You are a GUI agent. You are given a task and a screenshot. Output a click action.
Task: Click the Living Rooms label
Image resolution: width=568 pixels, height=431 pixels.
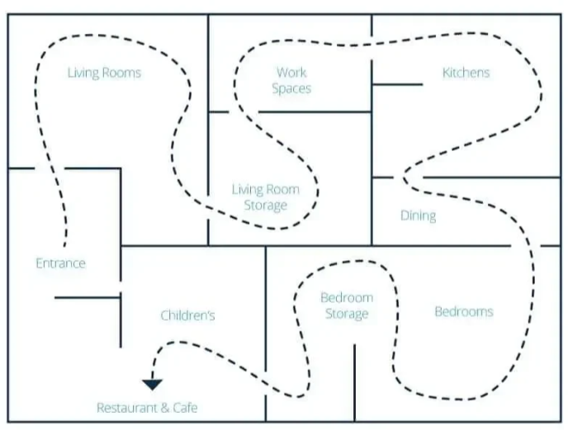click(x=104, y=73)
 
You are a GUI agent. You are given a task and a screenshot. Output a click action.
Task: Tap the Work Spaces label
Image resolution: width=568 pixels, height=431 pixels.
click(x=291, y=80)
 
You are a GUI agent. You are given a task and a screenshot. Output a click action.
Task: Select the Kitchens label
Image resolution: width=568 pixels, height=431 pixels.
click(x=466, y=73)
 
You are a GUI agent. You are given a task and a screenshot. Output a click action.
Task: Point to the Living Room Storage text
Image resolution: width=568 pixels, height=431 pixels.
click(x=266, y=197)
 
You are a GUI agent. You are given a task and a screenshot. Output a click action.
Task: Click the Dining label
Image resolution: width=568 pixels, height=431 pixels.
click(x=418, y=215)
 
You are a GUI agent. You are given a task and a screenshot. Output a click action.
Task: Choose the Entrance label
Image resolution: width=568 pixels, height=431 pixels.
click(x=61, y=263)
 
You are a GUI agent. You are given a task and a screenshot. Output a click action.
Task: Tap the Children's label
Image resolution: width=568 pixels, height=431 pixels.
click(x=187, y=315)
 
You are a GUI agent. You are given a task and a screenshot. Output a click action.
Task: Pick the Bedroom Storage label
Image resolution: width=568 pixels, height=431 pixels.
click(x=347, y=305)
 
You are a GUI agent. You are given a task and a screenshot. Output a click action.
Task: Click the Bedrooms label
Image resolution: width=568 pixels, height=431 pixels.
click(x=464, y=311)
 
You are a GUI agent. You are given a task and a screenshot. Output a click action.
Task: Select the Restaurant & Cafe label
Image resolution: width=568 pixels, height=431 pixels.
click(x=147, y=408)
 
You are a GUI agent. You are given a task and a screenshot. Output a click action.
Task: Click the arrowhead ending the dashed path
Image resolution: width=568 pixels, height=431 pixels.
click(x=152, y=385)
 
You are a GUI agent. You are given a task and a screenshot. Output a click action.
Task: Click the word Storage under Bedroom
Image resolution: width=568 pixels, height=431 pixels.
click(x=347, y=314)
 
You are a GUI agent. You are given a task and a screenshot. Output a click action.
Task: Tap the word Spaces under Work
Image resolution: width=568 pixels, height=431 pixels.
click(x=291, y=88)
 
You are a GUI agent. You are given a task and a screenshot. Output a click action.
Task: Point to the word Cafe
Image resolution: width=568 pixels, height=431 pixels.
click(x=185, y=408)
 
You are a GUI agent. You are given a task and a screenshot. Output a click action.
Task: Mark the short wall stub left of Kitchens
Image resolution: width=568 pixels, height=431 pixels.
click(x=397, y=85)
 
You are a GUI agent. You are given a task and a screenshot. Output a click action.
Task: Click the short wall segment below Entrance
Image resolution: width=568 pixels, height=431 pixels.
click(x=88, y=298)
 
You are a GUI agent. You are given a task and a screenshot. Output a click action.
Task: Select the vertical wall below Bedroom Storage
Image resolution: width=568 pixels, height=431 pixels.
click(x=355, y=383)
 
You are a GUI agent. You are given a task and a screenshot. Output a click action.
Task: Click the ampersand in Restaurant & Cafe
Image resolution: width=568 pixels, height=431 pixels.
click(x=165, y=408)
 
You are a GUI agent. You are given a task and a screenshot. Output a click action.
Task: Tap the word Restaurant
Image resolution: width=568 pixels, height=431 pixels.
click(x=127, y=408)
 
